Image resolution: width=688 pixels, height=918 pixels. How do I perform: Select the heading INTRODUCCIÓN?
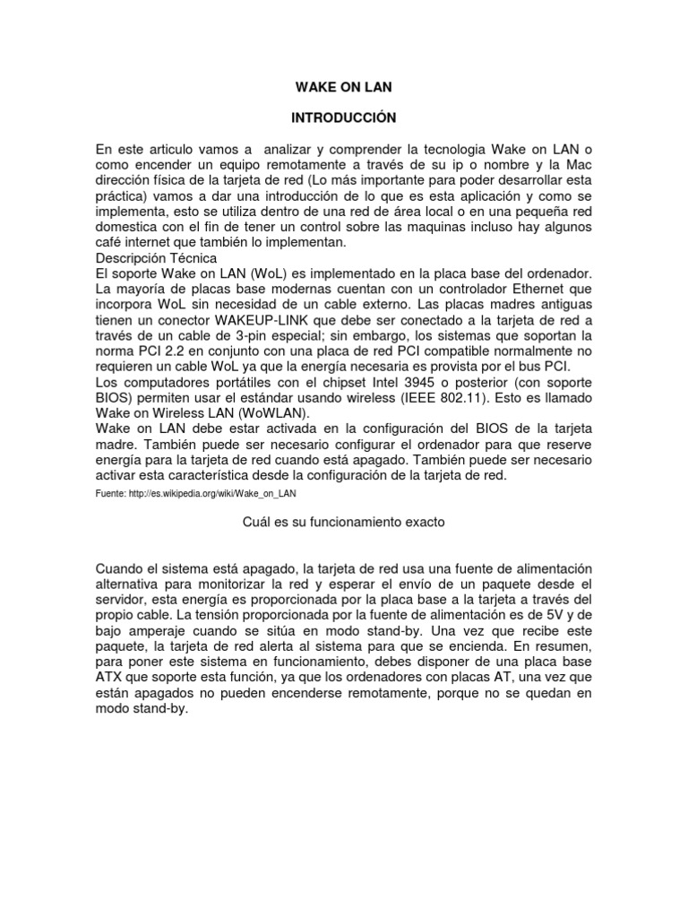(x=344, y=117)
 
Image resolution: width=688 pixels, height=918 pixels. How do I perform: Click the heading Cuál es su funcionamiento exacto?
(x=344, y=522)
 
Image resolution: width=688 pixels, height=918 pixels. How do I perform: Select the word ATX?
(x=111, y=678)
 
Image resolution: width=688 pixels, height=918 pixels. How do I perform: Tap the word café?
(x=112, y=242)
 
